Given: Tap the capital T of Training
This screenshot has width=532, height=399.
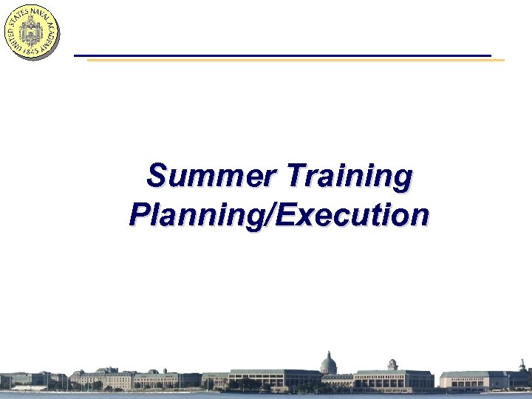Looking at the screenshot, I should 295,177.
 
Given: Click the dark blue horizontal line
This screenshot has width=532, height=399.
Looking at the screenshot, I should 281,55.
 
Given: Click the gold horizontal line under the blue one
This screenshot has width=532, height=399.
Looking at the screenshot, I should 296,60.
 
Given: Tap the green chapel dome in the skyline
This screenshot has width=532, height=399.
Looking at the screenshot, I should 328,363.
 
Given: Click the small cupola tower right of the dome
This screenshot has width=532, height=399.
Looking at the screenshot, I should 392,364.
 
